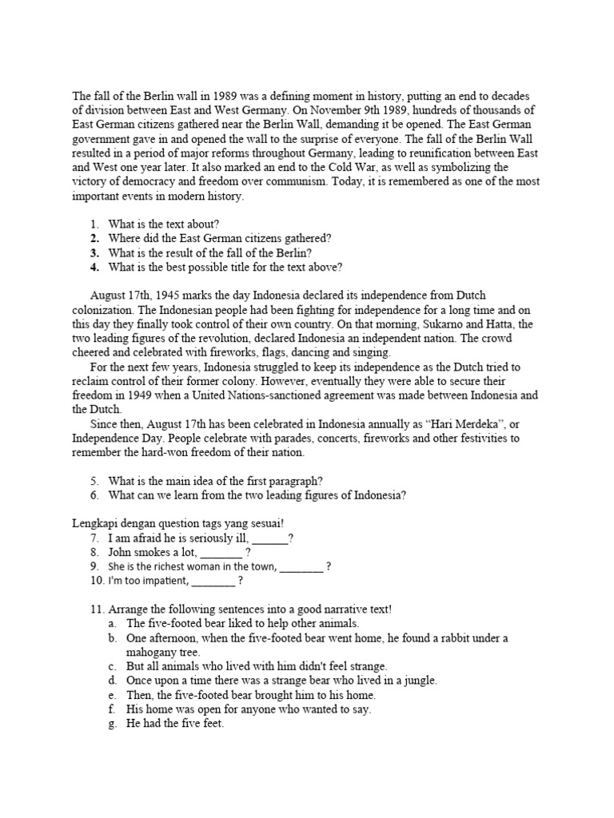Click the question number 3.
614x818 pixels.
[x=94, y=252]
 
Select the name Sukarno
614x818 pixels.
[x=412, y=324]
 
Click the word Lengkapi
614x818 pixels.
[x=93, y=523]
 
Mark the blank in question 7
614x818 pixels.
[x=269, y=538]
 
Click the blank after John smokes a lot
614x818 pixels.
[x=220, y=552]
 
